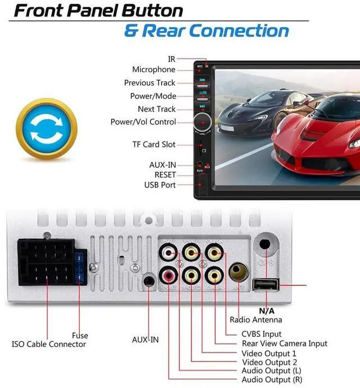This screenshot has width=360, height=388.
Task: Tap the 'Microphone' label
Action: click(x=154, y=69)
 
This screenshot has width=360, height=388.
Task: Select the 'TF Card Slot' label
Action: click(x=154, y=145)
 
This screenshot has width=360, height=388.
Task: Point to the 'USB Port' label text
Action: click(x=160, y=185)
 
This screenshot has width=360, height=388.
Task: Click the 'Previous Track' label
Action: click(x=150, y=83)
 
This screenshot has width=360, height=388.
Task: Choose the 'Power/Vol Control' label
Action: click(x=143, y=122)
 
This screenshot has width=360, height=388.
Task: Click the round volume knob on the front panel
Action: click(x=201, y=121)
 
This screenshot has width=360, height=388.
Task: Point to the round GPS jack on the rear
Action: click(x=264, y=246)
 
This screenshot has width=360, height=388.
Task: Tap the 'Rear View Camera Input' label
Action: click(x=284, y=343)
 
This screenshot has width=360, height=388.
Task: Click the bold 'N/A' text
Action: click(x=267, y=310)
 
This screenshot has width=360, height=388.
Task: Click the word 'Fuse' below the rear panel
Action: click(x=80, y=336)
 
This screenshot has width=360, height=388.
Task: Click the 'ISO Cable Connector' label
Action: click(x=49, y=344)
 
